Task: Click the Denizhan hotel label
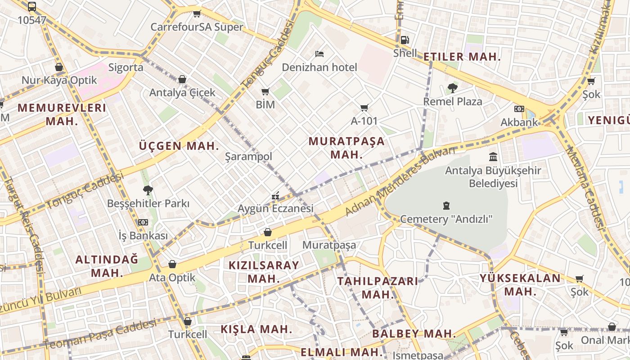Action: click(x=319, y=67)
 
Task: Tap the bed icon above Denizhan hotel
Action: click(x=319, y=54)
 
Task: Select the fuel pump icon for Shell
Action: click(x=405, y=40)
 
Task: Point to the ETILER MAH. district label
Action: click(x=462, y=57)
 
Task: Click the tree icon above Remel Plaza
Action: click(x=452, y=88)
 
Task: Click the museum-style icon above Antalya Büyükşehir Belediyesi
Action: click(x=493, y=157)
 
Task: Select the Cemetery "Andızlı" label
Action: click(x=446, y=219)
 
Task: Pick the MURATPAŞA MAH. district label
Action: click(x=346, y=148)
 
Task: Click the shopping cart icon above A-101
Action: click(x=364, y=108)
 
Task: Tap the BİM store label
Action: click(x=265, y=105)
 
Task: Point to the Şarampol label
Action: click(x=249, y=157)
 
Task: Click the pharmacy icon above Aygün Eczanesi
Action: click(x=275, y=196)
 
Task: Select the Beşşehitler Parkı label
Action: click(x=148, y=203)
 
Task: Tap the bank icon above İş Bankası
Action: click(x=143, y=222)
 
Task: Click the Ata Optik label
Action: click(x=172, y=278)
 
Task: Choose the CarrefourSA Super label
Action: click(x=197, y=27)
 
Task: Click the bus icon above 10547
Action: click(x=32, y=7)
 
